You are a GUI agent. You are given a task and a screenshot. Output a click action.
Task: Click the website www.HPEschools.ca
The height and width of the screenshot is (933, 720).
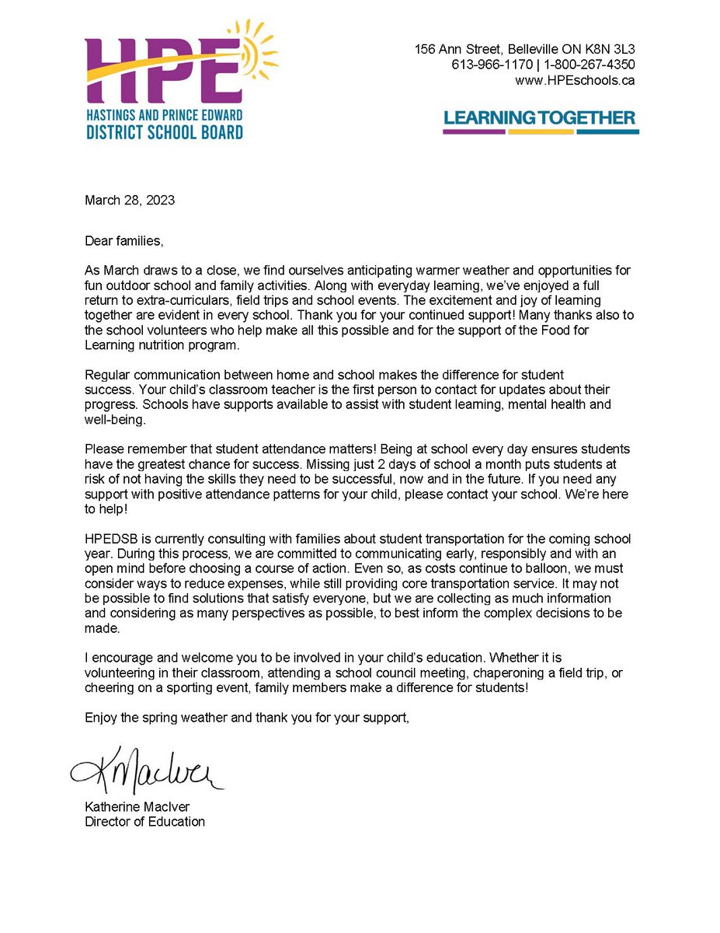click(575, 80)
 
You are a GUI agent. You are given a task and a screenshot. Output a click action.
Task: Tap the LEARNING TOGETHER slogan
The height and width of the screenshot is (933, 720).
click(540, 118)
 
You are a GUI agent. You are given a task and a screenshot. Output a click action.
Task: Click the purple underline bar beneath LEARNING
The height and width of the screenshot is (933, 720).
click(474, 131)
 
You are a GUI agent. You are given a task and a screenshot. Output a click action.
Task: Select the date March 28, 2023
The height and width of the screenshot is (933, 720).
click(130, 200)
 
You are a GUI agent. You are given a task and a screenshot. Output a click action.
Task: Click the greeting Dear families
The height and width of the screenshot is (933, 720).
click(124, 241)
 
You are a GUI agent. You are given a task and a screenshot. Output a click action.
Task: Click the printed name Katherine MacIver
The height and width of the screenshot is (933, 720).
click(137, 806)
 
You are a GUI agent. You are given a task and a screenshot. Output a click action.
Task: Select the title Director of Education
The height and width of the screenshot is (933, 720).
click(144, 821)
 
